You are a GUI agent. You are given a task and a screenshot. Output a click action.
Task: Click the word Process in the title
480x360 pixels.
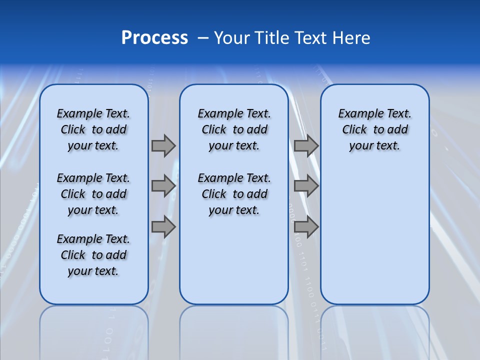coord(154,38)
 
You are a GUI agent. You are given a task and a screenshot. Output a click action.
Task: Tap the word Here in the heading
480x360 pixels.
coord(351,38)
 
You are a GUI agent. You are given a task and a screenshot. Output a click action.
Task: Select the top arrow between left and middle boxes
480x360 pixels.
coord(163,145)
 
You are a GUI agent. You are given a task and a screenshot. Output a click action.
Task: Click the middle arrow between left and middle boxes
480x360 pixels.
coord(163,186)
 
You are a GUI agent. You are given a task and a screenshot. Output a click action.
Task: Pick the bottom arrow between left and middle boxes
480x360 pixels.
coord(163,227)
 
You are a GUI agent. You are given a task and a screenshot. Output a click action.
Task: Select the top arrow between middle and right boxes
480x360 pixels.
coord(306,145)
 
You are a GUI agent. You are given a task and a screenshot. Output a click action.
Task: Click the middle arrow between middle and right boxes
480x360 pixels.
coord(306,186)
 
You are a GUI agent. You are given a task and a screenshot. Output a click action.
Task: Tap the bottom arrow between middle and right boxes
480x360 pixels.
coord(306,227)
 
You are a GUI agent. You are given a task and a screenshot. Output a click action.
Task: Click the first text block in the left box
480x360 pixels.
coord(93,129)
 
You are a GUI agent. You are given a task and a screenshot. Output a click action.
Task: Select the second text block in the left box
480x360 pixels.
coord(93,194)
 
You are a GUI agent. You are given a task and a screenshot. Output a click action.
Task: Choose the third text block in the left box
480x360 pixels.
coord(93,255)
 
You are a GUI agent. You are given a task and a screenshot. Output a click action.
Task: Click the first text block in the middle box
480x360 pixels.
coord(234,129)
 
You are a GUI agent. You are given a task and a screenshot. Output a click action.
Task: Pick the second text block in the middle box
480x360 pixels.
coord(234,194)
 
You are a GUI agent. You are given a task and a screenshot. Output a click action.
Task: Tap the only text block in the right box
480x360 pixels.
coord(374,129)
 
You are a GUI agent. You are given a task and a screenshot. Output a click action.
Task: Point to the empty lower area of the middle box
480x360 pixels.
coord(234,260)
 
